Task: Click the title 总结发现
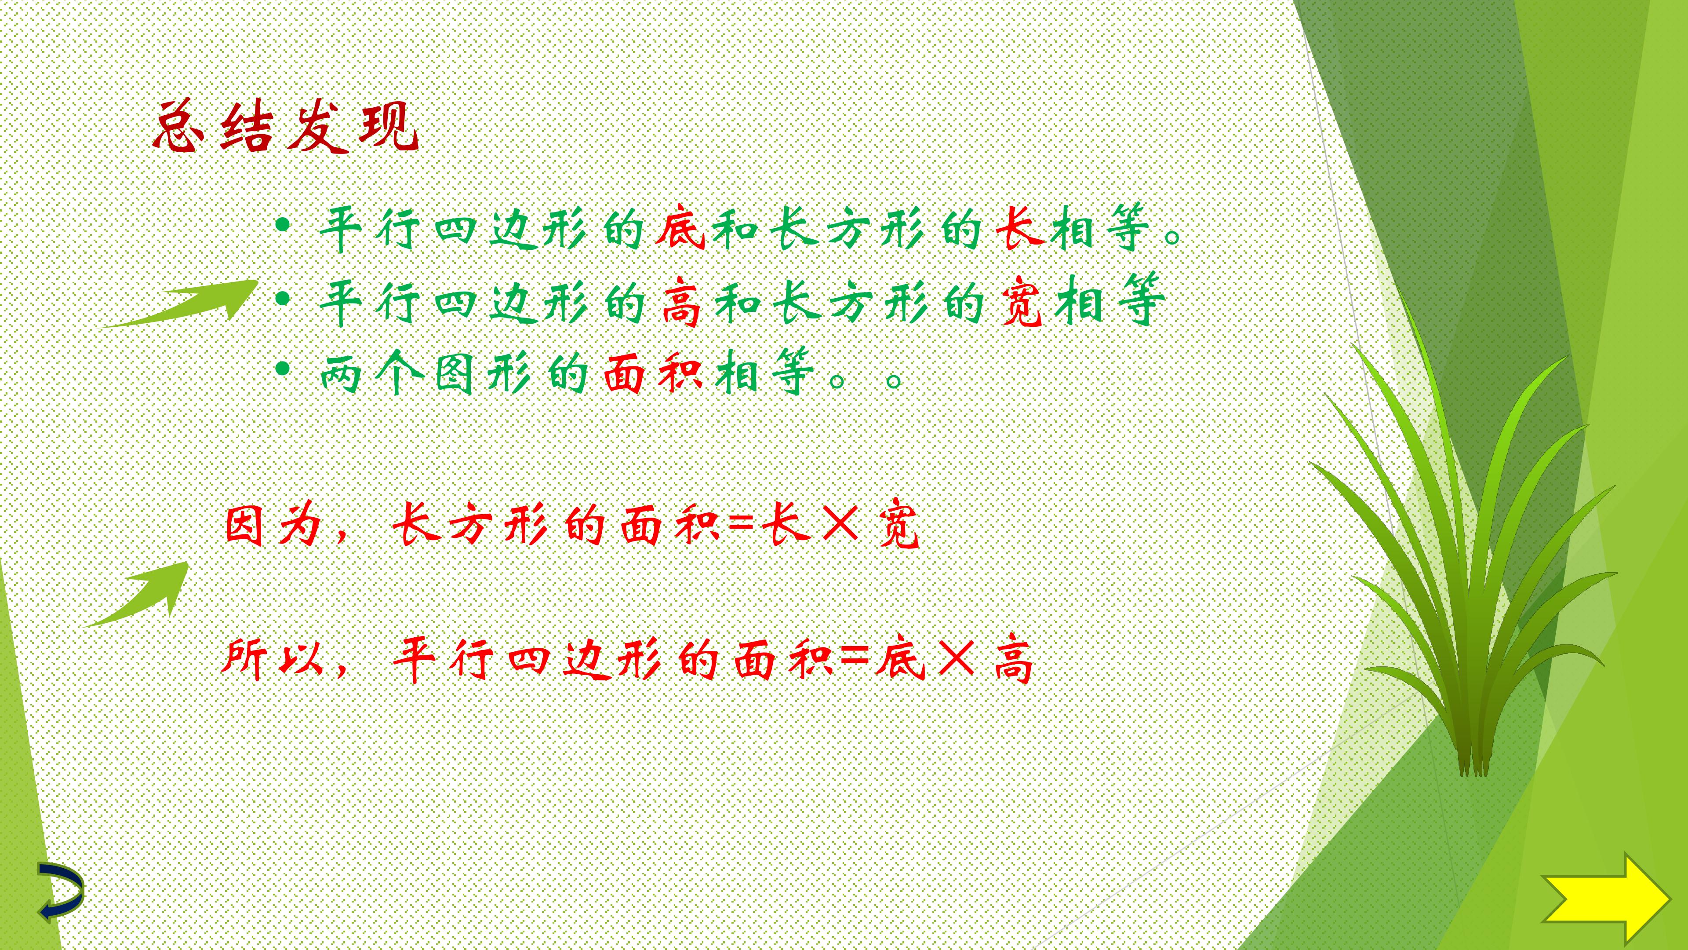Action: (x=286, y=127)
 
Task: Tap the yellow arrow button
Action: (x=1605, y=898)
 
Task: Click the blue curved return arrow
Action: (x=60, y=892)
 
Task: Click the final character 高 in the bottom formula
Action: (x=1014, y=658)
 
